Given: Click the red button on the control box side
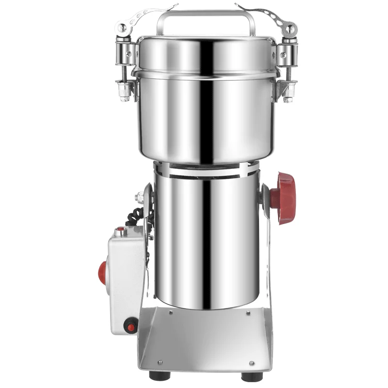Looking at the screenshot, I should coord(102,272).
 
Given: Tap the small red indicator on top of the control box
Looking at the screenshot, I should coord(120,229).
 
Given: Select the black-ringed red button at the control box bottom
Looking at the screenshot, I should coord(130,326).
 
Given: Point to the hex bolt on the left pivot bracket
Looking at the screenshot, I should coord(140,197).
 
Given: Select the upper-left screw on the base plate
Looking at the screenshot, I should coord(171,313).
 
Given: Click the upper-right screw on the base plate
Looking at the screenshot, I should coord(248,313).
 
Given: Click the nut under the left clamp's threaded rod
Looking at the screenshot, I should coord(124,92).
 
